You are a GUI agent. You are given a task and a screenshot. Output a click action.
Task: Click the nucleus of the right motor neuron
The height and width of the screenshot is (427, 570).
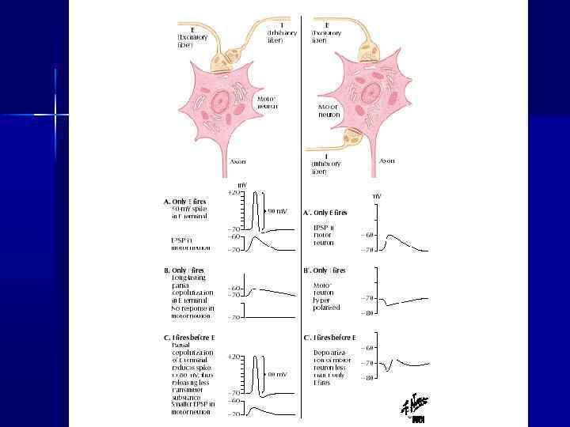point(370,90)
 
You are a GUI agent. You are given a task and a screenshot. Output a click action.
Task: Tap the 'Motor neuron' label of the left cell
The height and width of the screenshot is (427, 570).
point(267,103)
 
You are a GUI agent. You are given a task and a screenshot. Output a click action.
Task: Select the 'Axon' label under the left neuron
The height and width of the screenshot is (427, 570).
point(237,161)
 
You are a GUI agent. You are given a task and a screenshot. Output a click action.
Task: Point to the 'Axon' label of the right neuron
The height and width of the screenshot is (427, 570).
point(387,161)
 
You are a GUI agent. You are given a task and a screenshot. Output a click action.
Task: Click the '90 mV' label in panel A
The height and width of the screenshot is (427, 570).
point(276,212)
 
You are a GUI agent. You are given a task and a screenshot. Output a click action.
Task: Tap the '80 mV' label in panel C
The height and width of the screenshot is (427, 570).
point(276,374)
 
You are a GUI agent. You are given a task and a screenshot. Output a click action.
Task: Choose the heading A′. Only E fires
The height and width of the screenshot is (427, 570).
point(326,213)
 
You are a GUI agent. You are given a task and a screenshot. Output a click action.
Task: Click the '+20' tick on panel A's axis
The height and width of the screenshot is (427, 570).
point(234,192)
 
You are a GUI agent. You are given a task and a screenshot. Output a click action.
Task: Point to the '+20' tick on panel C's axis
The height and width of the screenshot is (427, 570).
point(234,357)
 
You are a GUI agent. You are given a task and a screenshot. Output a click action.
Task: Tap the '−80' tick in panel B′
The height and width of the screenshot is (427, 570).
point(367,313)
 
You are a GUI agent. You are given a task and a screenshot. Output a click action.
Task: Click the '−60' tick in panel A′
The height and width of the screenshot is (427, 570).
point(367,235)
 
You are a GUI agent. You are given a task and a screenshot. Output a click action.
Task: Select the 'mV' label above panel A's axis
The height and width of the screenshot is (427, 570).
point(242,184)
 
